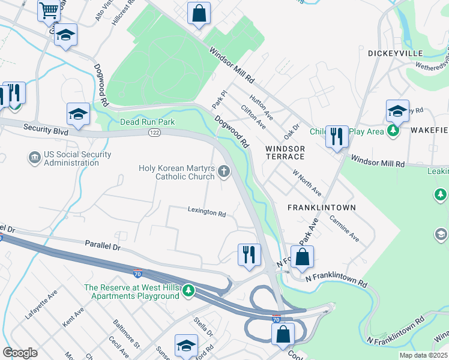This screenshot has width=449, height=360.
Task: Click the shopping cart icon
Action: tap(49, 10)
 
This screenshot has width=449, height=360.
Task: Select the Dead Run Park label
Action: tap(147, 122)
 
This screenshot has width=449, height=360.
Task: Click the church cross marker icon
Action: tap(224, 172)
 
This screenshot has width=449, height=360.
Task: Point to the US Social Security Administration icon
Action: tap(34, 158)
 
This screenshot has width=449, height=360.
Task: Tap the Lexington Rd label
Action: tap(206, 213)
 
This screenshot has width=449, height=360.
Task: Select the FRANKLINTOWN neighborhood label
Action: tap(321, 208)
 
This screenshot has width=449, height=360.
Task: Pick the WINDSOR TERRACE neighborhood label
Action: tap(285, 152)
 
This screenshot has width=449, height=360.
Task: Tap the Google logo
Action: tap(20, 353)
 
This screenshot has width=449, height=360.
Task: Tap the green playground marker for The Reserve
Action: tap(189, 291)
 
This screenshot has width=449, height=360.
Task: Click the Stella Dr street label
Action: tap(203, 329)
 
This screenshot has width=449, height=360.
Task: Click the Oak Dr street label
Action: tap(292, 129)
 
